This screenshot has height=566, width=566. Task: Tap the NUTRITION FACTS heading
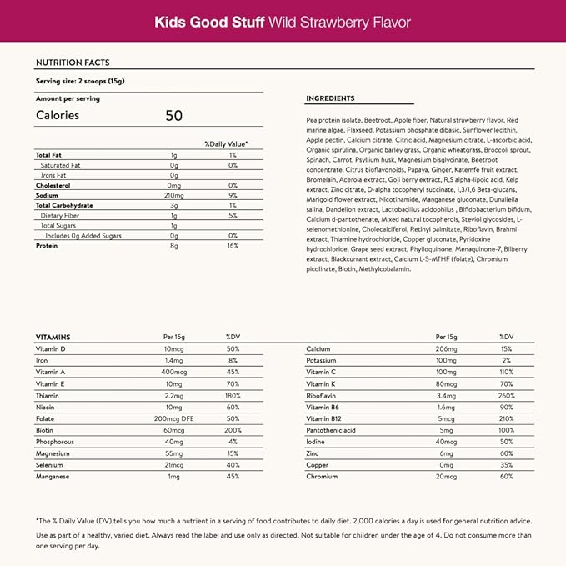pos(73,63)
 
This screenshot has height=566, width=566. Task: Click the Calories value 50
pos(173,115)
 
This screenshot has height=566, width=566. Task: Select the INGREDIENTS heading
pos(330,98)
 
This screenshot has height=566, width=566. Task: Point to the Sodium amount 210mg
pos(173,195)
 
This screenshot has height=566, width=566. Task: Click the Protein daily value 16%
pos(233,246)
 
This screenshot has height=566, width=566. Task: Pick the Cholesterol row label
pos(53,185)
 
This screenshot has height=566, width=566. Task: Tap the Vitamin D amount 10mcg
pos(173,348)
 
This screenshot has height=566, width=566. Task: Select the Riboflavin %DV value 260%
pos(506,395)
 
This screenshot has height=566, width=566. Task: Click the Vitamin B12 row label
pos(323,418)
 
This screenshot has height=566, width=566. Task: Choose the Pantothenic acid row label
pos(331,430)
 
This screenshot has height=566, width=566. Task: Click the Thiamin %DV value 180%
pos(233,395)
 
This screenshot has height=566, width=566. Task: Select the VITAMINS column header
pos(53,336)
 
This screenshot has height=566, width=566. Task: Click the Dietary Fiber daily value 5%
pos(233,215)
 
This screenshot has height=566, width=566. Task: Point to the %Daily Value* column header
pos(226,143)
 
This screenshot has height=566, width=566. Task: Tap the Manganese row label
pos(53,476)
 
